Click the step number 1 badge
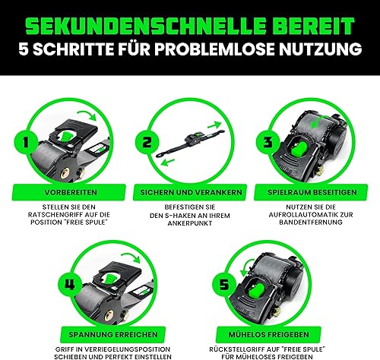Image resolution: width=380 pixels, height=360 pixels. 26,142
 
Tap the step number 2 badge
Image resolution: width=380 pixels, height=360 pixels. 147,142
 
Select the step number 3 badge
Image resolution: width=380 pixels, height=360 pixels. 268,142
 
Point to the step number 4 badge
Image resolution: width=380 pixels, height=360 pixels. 69,284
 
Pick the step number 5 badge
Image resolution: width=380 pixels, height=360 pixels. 224,284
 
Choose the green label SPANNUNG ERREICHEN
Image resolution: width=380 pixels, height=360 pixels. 113,335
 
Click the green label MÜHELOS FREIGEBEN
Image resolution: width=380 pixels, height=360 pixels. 269,335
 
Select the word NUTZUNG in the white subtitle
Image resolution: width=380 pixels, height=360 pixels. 320,49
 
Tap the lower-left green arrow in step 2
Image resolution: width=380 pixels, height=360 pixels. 168,162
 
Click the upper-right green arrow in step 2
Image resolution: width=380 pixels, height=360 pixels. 214,125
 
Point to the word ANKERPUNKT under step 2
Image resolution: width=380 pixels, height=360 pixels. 190,224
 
